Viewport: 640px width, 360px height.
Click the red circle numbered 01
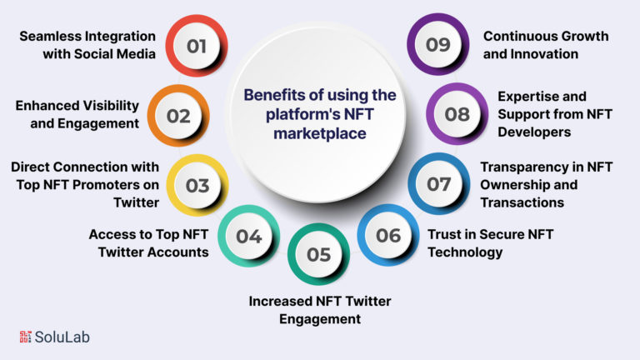[x=197, y=46]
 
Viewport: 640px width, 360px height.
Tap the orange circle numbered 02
[x=178, y=116]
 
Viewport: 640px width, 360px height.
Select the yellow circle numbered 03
[x=197, y=185]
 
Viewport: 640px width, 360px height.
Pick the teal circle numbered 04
[x=248, y=236]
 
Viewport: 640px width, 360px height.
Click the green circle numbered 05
[x=318, y=254]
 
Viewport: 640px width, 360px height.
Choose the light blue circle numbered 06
[x=388, y=235]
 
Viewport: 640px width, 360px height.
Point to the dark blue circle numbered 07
[x=439, y=183]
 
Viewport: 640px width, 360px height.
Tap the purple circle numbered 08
[x=457, y=114]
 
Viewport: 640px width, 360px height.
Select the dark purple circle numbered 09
[x=438, y=44]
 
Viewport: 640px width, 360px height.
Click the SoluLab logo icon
[x=25, y=337]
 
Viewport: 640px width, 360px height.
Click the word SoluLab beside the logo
[x=62, y=337]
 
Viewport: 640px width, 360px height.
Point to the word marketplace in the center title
[x=320, y=133]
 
